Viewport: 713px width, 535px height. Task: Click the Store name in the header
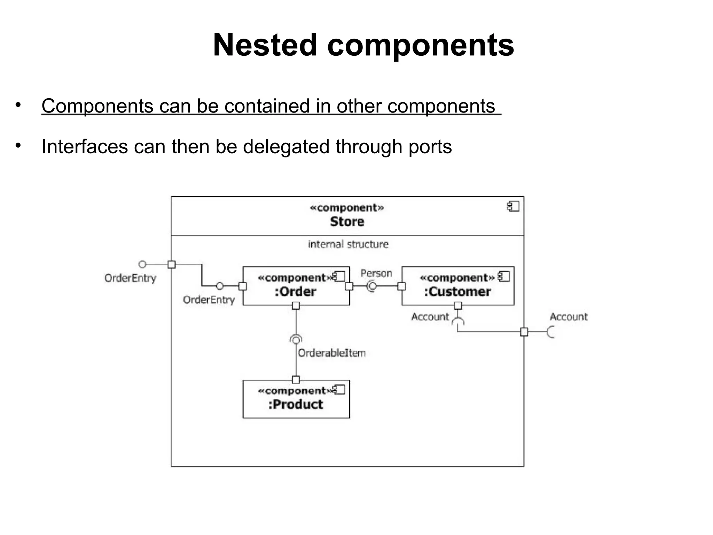[x=347, y=222]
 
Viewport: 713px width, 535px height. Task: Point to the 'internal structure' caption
[x=348, y=244]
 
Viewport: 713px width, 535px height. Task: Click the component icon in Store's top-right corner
[x=513, y=207]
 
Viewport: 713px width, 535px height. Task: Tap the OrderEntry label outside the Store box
[x=130, y=278]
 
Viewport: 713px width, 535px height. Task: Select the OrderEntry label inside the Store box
[x=209, y=300]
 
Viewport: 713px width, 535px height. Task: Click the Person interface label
[x=376, y=273]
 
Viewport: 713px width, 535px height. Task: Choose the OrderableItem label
[x=332, y=353]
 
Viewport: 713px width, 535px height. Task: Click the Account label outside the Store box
[x=569, y=317]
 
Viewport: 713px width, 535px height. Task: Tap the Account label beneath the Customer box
[x=430, y=317]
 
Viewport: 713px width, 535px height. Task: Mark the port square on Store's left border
[x=172, y=264]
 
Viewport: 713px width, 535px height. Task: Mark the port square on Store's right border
[x=524, y=332]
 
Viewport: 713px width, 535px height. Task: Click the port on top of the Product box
[x=296, y=380]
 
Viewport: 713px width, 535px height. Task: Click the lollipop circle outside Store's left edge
[x=142, y=264]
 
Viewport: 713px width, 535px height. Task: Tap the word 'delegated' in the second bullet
[x=286, y=146]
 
